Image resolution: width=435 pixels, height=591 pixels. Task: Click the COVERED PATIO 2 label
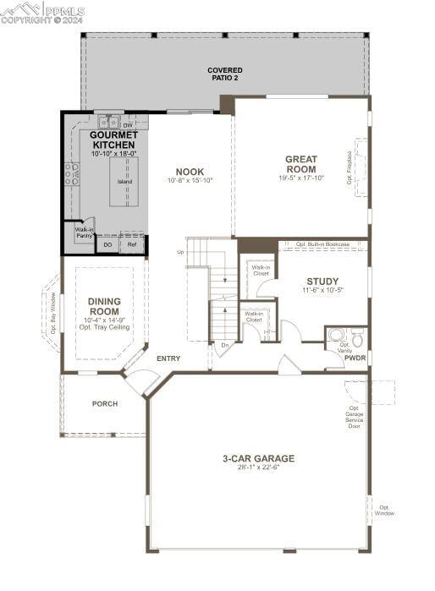[x=225, y=74]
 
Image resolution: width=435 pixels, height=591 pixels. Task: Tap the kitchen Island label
[x=124, y=181]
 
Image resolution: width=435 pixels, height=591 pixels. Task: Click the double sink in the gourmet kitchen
[x=107, y=123]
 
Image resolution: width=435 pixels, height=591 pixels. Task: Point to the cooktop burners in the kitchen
[x=72, y=174]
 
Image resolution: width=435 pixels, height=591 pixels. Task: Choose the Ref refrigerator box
[x=132, y=245]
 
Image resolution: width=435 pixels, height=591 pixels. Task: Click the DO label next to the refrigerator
[x=107, y=245]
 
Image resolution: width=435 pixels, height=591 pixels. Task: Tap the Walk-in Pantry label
[x=84, y=233]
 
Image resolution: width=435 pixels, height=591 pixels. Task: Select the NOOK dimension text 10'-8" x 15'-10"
[x=190, y=180]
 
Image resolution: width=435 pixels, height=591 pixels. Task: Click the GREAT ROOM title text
[x=300, y=164]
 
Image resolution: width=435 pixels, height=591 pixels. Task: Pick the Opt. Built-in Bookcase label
[x=322, y=244]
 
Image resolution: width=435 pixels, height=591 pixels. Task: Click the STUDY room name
[x=322, y=282]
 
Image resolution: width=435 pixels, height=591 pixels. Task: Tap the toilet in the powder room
[x=357, y=337]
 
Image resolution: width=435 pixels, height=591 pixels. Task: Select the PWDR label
[x=355, y=358]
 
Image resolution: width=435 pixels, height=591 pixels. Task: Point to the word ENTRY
[x=168, y=358]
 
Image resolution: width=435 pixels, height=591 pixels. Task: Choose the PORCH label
[x=104, y=404]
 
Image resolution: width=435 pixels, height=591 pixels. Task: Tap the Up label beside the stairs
[x=180, y=252]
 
